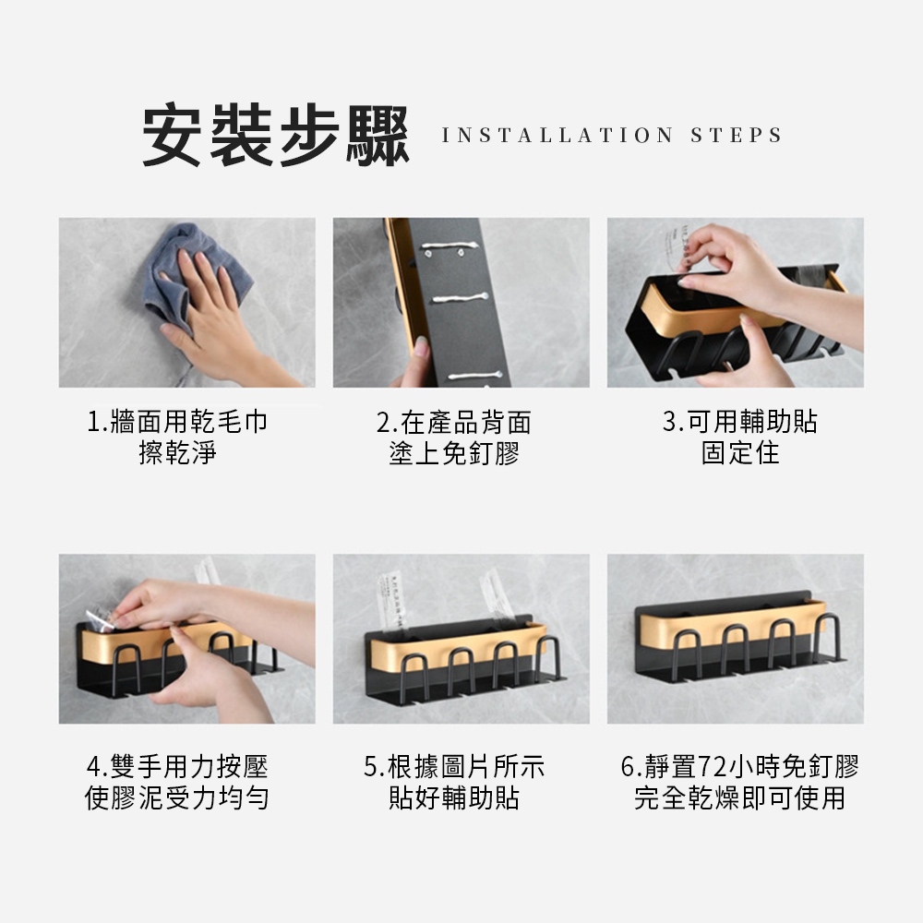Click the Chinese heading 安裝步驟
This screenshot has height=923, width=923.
pos(276,136)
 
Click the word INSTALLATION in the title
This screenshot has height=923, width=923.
pos(557,136)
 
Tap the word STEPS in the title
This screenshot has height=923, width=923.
pos(737,136)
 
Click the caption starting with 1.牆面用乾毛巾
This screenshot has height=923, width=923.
pos(177,438)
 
